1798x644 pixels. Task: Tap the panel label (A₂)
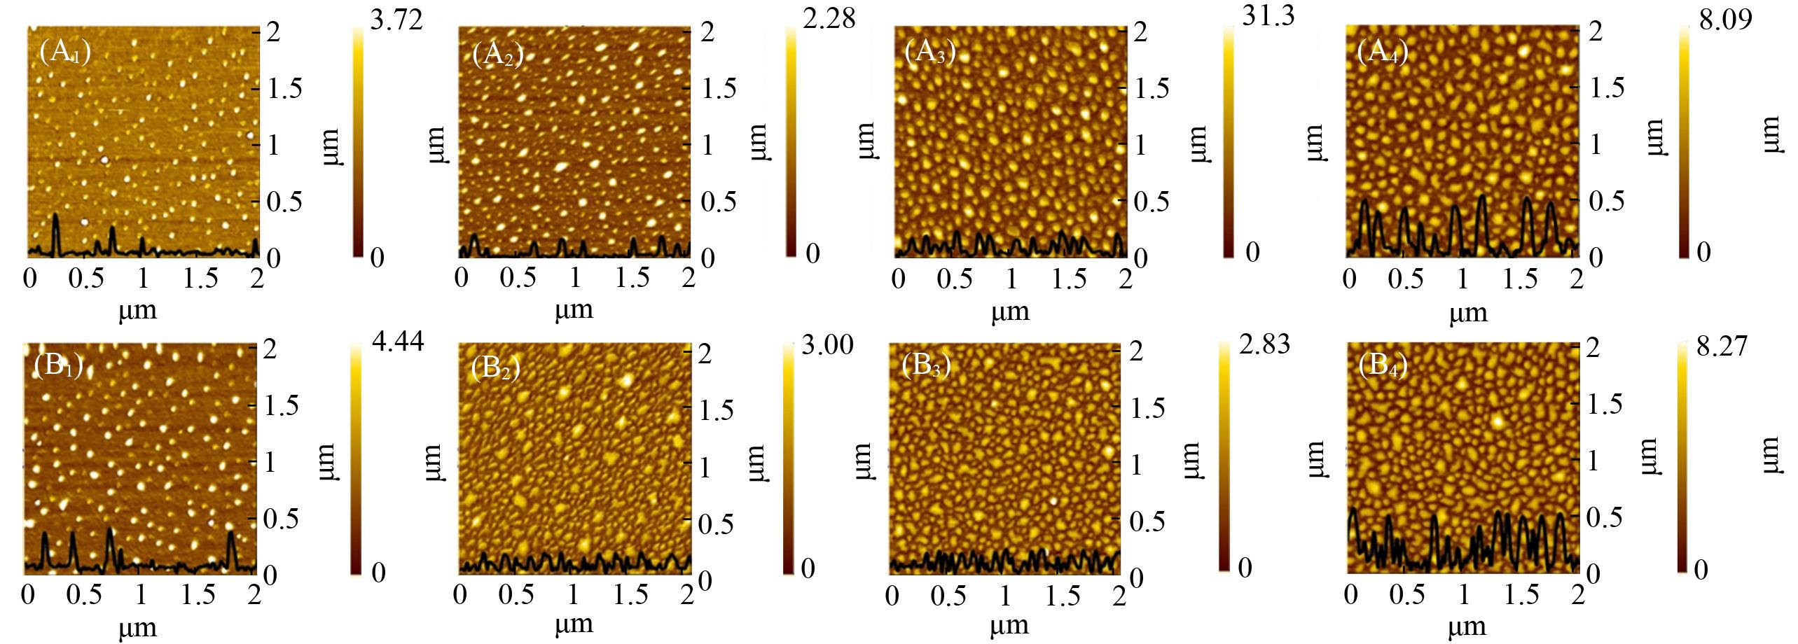coord(498,54)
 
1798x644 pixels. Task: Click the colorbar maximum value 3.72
coord(396,20)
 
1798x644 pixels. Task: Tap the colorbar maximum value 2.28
coord(829,18)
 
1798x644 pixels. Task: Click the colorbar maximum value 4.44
coord(397,344)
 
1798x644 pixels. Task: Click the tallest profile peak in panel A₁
coord(56,217)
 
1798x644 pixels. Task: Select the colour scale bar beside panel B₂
coord(789,458)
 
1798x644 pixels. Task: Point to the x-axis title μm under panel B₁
coord(138,627)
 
